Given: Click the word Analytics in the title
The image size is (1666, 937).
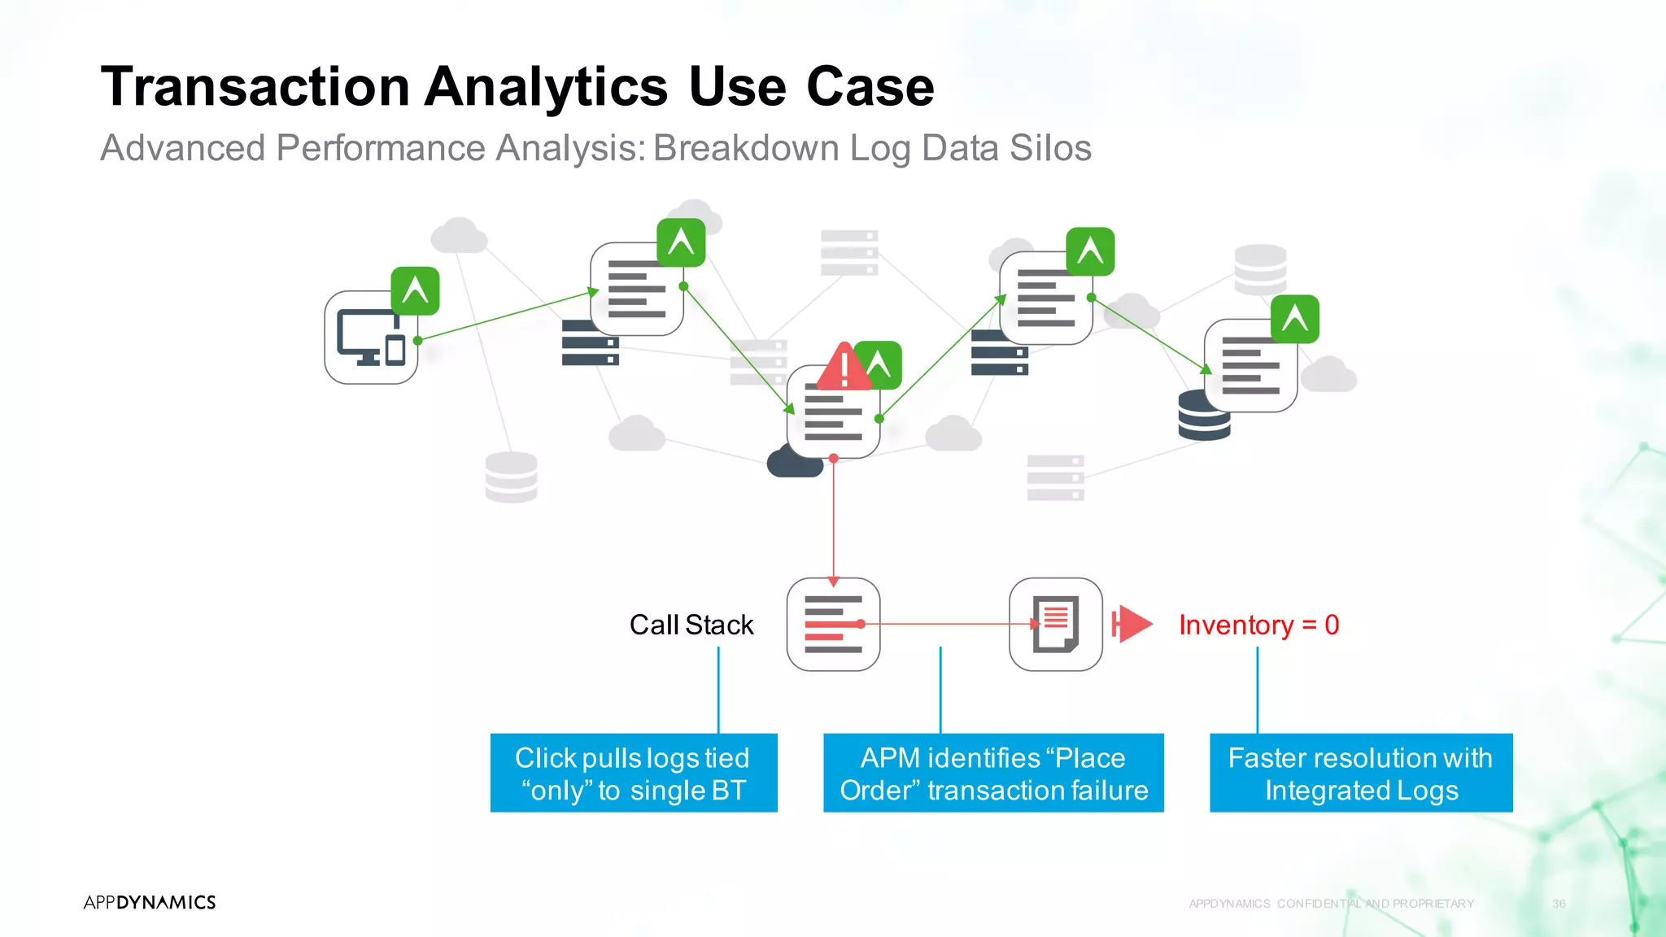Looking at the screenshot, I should click(546, 88).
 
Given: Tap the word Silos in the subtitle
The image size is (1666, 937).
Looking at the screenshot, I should click(1050, 149).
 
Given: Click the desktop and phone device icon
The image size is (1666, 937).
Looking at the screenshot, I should click(371, 338).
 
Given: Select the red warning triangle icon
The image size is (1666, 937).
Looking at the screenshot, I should click(844, 368).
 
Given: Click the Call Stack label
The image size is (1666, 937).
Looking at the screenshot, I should click(691, 625).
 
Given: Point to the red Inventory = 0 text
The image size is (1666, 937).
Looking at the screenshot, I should click(1258, 625).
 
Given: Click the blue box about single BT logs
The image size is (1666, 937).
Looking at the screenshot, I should click(634, 773).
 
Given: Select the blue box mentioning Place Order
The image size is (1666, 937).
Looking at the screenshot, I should click(993, 773).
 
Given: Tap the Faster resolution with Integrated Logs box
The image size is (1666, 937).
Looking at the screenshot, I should click(1361, 773).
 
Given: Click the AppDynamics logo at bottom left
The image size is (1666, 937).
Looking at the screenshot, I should click(150, 902).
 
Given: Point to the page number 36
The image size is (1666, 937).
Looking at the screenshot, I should click(1559, 904).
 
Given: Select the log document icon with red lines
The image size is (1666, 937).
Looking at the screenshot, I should click(1056, 625).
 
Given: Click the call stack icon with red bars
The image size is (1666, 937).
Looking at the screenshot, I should click(833, 625).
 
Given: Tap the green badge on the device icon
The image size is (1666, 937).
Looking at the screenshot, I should click(415, 290).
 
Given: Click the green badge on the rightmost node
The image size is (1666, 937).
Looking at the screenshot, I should click(1295, 319).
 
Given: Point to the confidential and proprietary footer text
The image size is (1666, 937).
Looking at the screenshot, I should click(1331, 904).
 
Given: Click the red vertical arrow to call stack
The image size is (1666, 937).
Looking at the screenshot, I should click(833, 521).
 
